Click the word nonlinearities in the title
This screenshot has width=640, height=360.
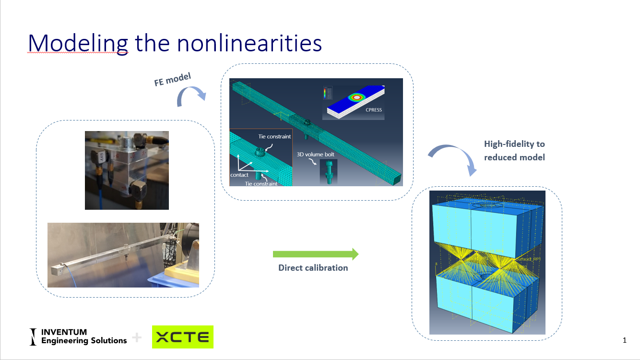pyautogui.click(x=249, y=43)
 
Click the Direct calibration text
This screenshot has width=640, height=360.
pyautogui.click(x=313, y=268)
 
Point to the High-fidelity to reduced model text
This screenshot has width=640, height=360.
pyautogui.click(x=514, y=151)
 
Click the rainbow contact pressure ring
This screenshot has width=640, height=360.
pyautogui.click(x=356, y=97)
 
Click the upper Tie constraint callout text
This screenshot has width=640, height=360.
pyautogui.click(x=274, y=136)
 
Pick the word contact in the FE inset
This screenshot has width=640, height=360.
pyautogui.click(x=239, y=175)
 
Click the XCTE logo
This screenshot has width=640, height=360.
pyautogui.click(x=183, y=337)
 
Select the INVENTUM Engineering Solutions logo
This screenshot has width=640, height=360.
pyautogui.click(x=79, y=336)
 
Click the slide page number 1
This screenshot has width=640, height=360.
pyautogui.click(x=624, y=340)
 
